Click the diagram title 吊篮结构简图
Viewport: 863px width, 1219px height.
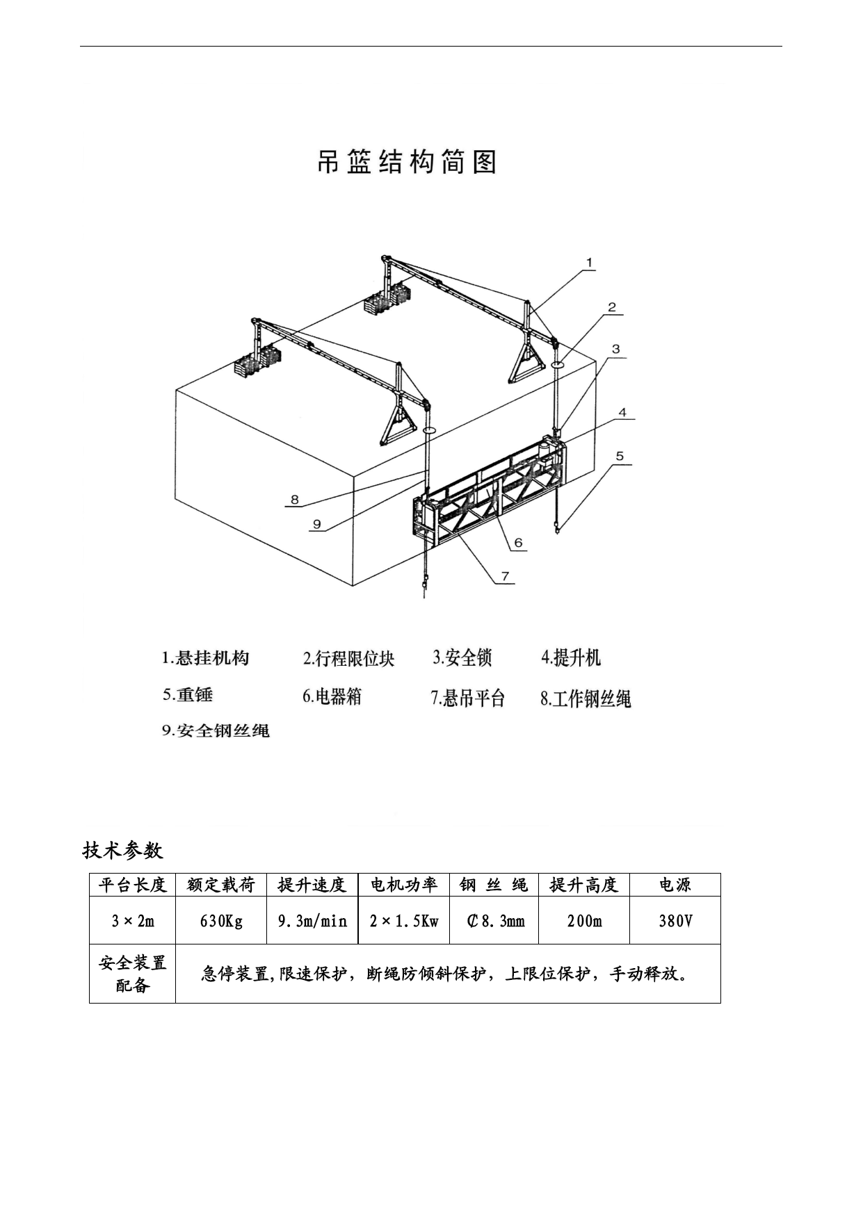pyautogui.click(x=407, y=162)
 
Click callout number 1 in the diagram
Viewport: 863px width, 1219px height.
pyautogui.click(x=589, y=263)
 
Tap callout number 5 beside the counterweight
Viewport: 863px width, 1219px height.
pyautogui.click(x=620, y=457)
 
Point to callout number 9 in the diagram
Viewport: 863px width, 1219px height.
pyautogui.click(x=317, y=523)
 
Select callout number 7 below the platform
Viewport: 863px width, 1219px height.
pyautogui.click(x=506, y=576)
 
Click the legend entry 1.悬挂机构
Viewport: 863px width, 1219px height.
pyautogui.click(x=205, y=657)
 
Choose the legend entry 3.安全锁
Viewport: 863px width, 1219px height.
pyautogui.click(x=462, y=657)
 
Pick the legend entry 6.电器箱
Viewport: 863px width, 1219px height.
pyautogui.click(x=332, y=696)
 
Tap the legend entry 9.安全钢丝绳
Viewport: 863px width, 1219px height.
pyautogui.click(x=216, y=730)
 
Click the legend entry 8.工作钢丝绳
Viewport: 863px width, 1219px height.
pyautogui.click(x=586, y=698)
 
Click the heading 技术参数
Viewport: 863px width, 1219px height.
pyautogui.click(x=122, y=849)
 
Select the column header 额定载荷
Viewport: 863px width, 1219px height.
pyautogui.click(x=221, y=885)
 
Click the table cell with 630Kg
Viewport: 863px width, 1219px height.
pyautogui.click(x=221, y=921)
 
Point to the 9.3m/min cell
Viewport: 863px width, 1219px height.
pyautogui.click(x=312, y=921)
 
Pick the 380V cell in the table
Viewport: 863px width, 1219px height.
pyautogui.click(x=675, y=921)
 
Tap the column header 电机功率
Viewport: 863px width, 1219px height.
pyautogui.click(x=403, y=885)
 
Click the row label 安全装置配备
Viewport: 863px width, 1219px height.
pyautogui.click(x=132, y=973)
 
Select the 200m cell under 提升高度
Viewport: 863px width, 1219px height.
pyautogui.click(x=584, y=921)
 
